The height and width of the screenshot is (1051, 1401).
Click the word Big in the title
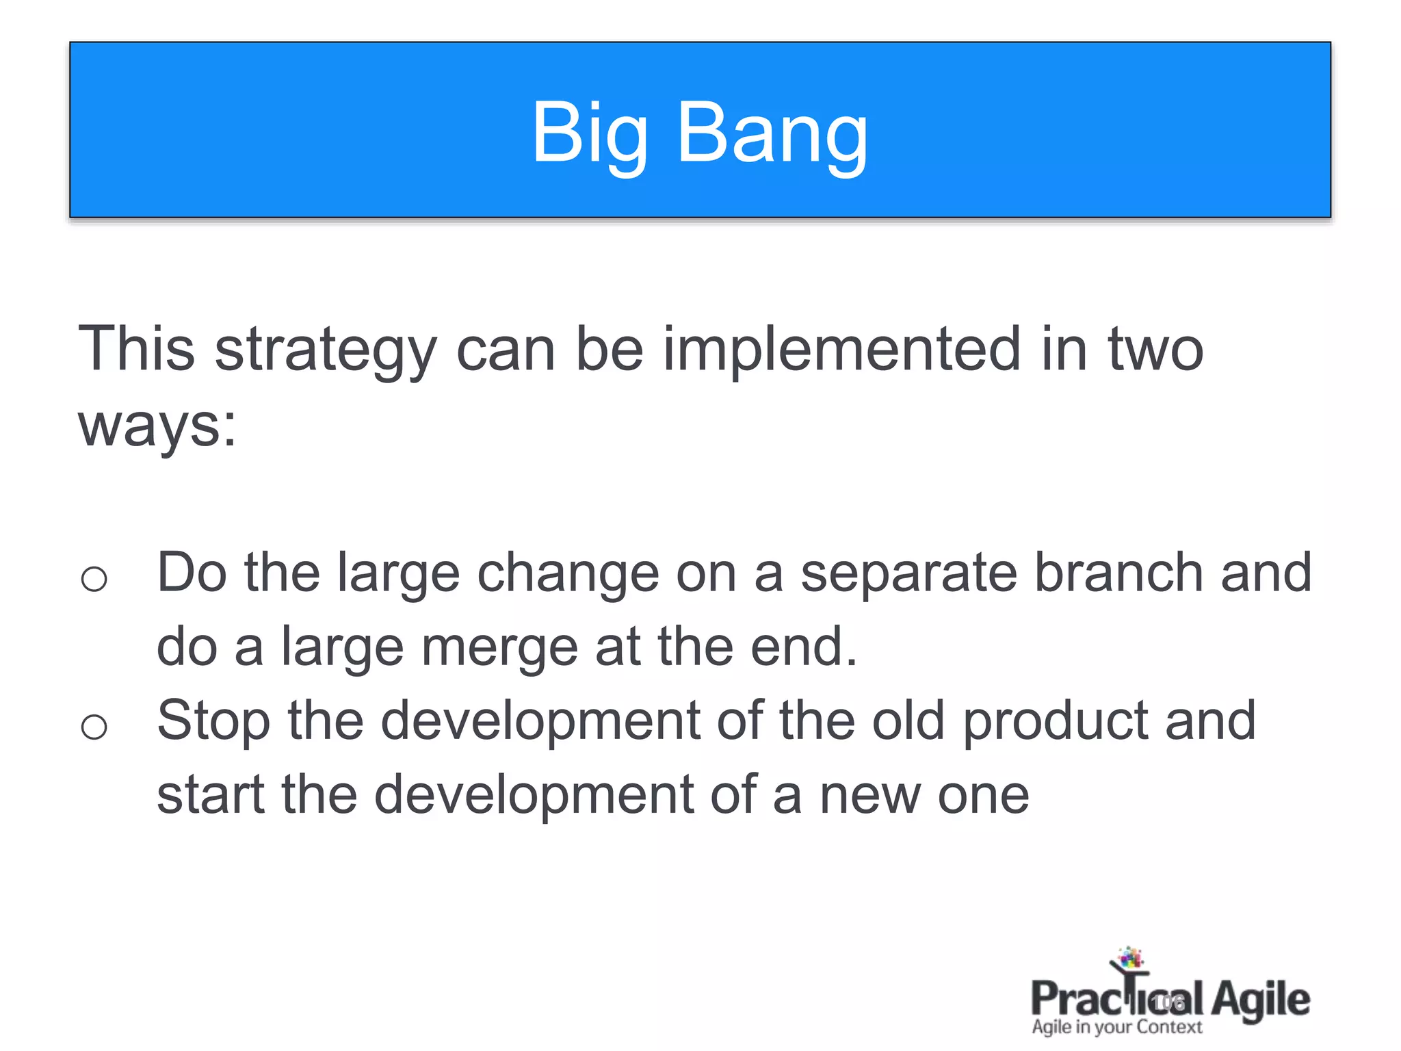coord(590,133)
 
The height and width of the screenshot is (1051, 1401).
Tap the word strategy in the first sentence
coord(326,350)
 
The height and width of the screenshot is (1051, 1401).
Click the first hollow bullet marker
coord(94,580)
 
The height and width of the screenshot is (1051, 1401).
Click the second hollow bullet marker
coord(94,727)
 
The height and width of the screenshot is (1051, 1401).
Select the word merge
coord(500,648)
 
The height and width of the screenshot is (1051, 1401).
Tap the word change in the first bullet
coord(567,573)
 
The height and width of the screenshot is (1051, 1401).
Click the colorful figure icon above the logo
coord(1129,961)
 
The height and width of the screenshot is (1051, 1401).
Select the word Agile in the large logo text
coord(1260,1000)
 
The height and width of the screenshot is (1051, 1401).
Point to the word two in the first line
coord(1155,350)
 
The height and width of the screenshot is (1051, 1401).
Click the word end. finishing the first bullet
coord(804,648)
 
